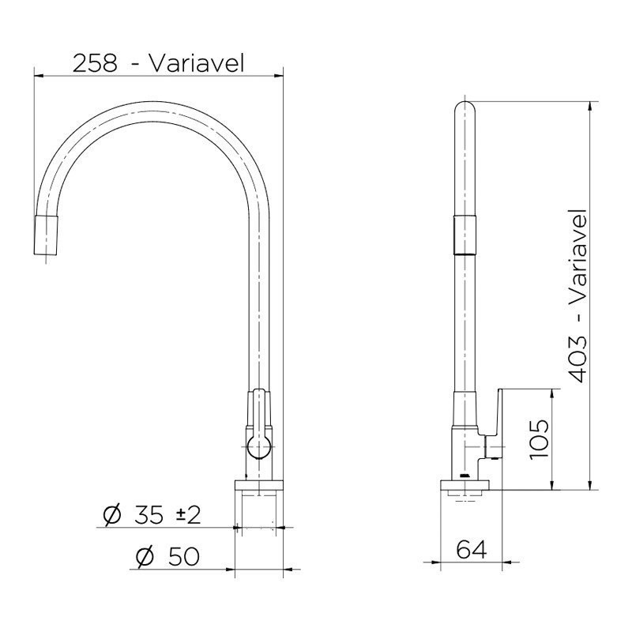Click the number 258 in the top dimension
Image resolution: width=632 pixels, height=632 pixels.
[96, 63]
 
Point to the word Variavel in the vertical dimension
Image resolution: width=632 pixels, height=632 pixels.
[578, 258]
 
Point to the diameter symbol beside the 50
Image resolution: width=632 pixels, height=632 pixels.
[144, 556]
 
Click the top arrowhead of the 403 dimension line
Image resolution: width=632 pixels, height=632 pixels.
[590, 105]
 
